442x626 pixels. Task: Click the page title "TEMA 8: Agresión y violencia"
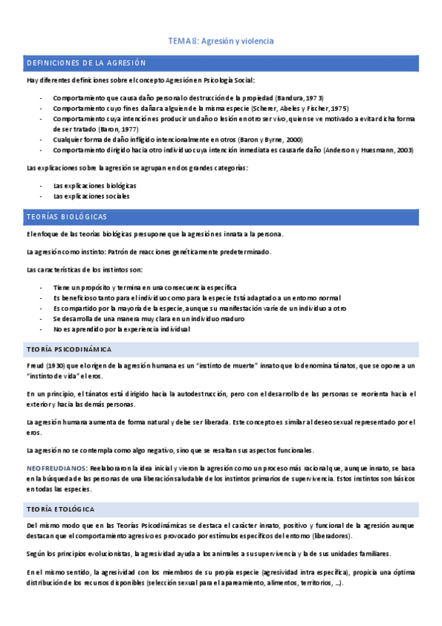pyautogui.click(x=221, y=41)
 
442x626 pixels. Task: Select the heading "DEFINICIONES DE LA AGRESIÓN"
pyautogui.click(x=86, y=63)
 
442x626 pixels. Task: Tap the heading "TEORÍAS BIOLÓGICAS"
pyautogui.click(x=66, y=217)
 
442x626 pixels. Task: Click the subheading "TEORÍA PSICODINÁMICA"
pyautogui.click(x=69, y=348)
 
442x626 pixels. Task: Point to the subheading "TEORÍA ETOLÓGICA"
pyautogui.click(x=60, y=509)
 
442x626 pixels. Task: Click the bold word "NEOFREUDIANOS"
pyautogui.click(x=56, y=468)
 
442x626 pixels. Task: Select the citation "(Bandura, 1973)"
pyautogui.click(x=299, y=97)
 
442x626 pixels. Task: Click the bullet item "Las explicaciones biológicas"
pyautogui.click(x=94, y=186)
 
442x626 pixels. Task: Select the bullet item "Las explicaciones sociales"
pyautogui.click(x=91, y=196)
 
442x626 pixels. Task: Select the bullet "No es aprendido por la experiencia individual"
pyautogui.click(x=122, y=329)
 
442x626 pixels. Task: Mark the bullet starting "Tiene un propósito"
pyautogui.click(x=145, y=286)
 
